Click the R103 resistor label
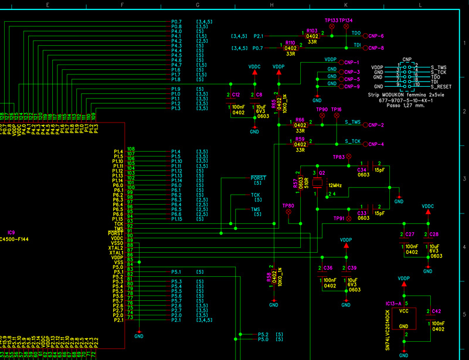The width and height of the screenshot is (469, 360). click(x=312, y=30)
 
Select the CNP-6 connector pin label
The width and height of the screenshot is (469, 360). click(x=375, y=35)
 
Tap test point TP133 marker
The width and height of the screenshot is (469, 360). click(x=331, y=21)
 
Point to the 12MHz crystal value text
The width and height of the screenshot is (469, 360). click(x=335, y=184)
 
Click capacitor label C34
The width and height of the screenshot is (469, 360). click(x=362, y=170)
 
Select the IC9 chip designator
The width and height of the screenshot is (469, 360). click(x=11, y=232)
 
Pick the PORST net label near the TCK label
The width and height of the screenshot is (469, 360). click(x=258, y=178)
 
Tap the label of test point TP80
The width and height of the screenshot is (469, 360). click(x=288, y=206)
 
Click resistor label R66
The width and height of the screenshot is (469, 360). click(x=300, y=119)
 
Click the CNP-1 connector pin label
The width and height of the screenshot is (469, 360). click(x=375, y=62)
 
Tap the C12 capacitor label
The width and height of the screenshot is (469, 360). click(x=236, y=94)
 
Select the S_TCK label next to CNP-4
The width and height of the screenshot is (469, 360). click(x=352, y=141)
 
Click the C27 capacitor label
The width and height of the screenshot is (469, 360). click(x=410, y=234)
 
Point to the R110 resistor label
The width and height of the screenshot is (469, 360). click(x=290, y=43)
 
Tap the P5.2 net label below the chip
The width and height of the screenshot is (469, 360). click(x=263, y=334)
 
